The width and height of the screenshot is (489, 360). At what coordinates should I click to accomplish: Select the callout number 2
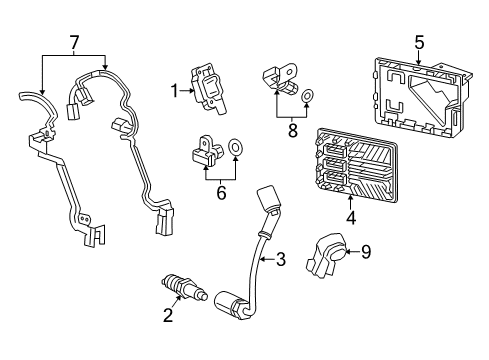pos(168,316)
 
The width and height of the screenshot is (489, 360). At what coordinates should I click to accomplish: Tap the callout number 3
pos(281,261)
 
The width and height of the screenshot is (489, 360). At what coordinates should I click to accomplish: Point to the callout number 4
pos(351,214)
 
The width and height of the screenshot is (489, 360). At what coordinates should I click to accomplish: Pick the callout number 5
pos(420,42)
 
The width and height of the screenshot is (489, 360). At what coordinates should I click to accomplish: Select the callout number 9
pos(366,253)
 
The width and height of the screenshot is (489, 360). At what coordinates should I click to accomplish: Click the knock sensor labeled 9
pos(325,256)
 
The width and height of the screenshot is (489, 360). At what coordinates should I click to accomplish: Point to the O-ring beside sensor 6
pos(237,149)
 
